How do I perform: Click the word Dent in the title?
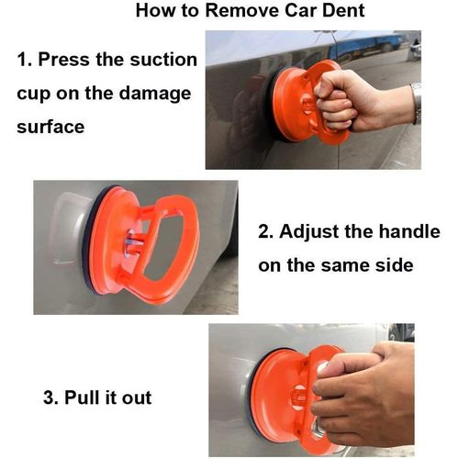point(343,10)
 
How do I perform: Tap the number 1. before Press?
point(25,60)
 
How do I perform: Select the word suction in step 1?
point(163,60)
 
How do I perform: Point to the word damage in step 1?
point(155,95)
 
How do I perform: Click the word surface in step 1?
point(50,127)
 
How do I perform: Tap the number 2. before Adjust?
point(267,231)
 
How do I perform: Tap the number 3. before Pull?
point(50,397)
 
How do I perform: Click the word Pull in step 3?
point(82,397)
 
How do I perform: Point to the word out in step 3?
point(137,398)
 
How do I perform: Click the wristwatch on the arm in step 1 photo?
point(416,103)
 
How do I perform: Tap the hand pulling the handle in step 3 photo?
point(365,395)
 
